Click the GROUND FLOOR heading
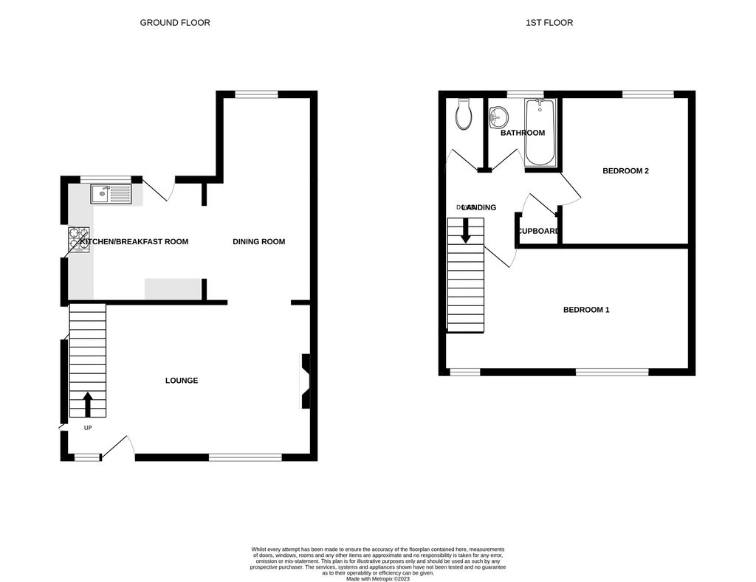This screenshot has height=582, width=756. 175,23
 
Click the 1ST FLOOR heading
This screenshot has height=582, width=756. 549,23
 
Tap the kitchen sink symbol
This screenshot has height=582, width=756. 111,194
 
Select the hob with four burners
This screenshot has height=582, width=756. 78,240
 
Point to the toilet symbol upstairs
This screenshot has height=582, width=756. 464,114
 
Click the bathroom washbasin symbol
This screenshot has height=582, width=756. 499,117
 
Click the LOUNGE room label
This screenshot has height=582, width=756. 181,381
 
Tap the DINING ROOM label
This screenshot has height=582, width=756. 258,242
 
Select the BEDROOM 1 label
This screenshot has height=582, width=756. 586,310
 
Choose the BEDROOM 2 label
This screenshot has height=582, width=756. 625,171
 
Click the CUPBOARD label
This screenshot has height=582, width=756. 538,231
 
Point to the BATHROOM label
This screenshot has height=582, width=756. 523,134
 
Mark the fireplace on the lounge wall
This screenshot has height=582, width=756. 305,381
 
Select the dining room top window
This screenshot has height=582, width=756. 256,94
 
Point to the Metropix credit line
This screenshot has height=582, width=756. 377,578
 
